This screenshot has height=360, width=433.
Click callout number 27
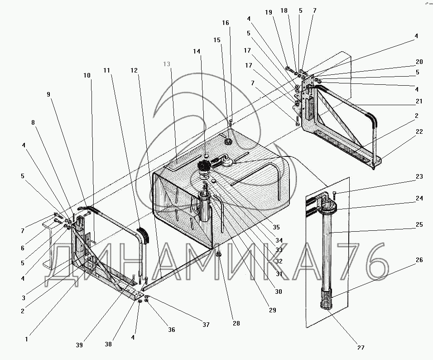click(361, 347)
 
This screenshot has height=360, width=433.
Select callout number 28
click(236, 323)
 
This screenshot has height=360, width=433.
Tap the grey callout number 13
click(167, 64)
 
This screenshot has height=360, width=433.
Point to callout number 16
click(226, 23)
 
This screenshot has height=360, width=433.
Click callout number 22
click(419, 131)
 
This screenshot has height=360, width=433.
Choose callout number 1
click(27, 338)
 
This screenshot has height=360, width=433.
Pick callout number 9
click(48, 94)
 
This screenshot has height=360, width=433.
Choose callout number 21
click(419, 101)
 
